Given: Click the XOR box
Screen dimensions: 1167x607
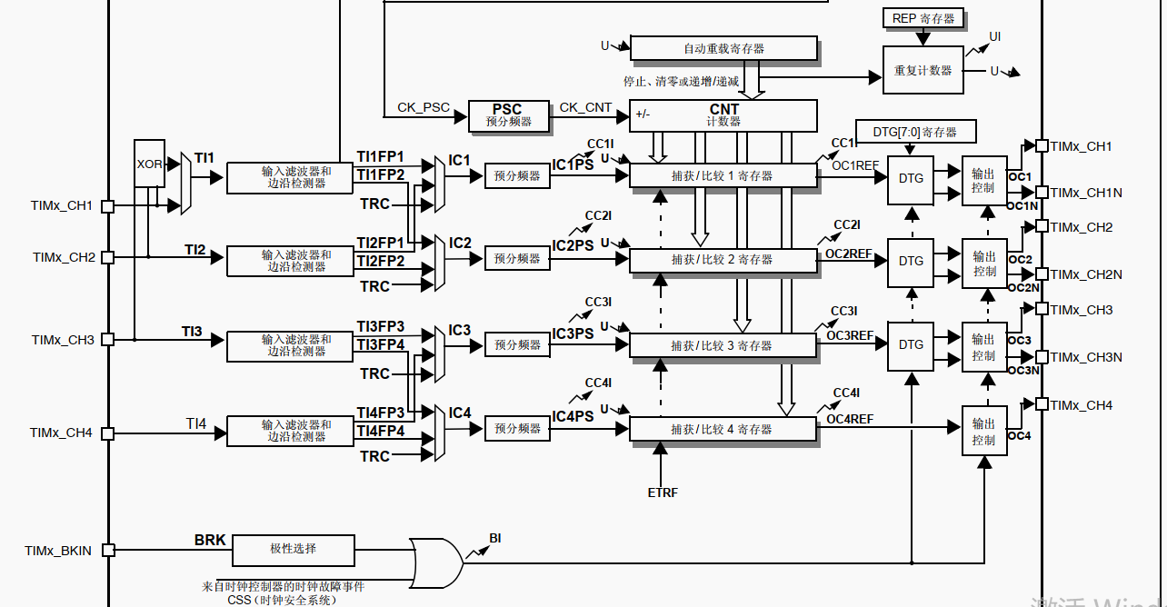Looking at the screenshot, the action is click(150, 163).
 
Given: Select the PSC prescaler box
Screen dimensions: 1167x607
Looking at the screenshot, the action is click(509, 115).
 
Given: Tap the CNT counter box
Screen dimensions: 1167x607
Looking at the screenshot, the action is click(723, 115).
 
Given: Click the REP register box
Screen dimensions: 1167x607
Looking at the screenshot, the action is click(923, 18).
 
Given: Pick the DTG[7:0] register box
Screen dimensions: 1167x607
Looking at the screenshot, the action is click(916, 131).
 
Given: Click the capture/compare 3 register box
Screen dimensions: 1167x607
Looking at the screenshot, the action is click(723, 345).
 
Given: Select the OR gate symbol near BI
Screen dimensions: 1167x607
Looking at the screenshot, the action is click(436, 563).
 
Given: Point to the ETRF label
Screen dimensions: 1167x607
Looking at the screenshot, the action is click(663, 493).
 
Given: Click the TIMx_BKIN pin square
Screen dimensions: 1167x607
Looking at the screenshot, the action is click(108, 551).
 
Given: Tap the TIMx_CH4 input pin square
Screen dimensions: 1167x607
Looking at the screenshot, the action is click(108, 433).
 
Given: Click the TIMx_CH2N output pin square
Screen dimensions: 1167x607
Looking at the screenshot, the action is click(1042, 274).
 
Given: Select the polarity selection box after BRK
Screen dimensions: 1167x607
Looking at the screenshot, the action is click(294, 551).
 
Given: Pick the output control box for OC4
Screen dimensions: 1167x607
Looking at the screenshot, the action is click(984, 431).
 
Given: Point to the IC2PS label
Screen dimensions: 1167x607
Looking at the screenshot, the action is click(573, 245).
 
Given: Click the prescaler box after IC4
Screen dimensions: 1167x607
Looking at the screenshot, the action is click(517, 428).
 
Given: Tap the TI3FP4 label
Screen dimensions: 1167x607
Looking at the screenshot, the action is click(381, 344).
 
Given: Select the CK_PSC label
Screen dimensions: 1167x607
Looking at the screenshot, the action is click(423, 107).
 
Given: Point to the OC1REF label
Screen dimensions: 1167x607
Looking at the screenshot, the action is click(855, 165).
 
